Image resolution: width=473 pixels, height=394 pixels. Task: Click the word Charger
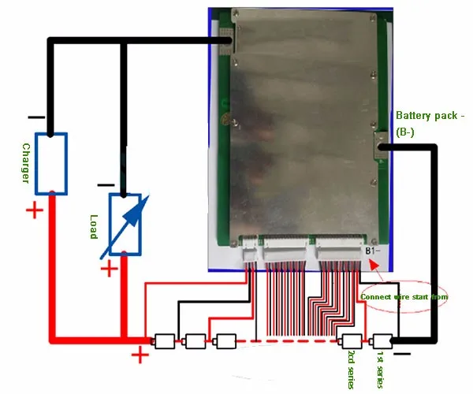pyautogui.click(x=25, y=163)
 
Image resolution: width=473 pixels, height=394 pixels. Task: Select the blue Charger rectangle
pyautogui.click(x=52, y=163)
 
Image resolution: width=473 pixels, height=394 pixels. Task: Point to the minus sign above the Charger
pyautogui.click(x=35, y=117)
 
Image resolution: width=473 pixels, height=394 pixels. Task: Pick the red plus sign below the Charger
pyautogui.click(x=34, y=210)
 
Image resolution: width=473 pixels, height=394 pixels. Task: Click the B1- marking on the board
pyautogui.click(x=374, y=251)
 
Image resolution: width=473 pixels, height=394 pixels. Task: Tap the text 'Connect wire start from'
pyautogui.click(x=404, y=296)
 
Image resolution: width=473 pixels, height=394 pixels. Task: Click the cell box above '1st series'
pyautogui.click(x=382, y=341)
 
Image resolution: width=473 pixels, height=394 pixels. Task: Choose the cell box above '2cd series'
pyautogui.click(x=350, y=341)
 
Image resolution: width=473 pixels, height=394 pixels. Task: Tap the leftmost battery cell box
pyautogui.click(x=166, y=341)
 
